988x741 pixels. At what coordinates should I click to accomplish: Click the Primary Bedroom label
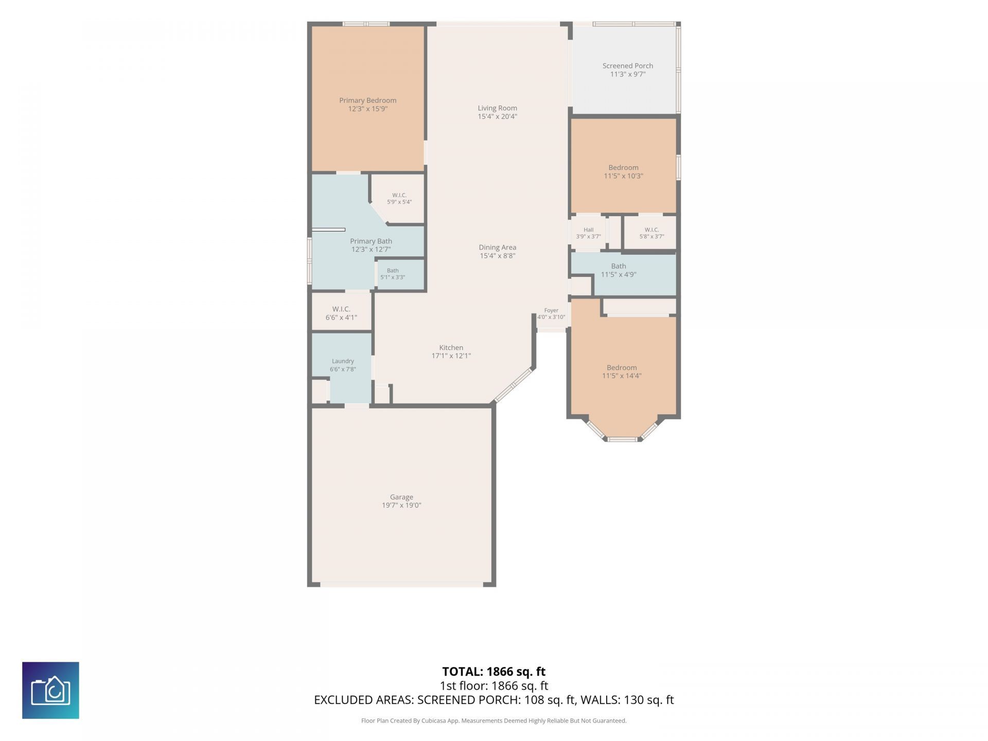coord(367,100)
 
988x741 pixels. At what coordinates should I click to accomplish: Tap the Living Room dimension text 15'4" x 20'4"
coord(497,116)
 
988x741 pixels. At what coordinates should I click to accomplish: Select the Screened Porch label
coord(628,66)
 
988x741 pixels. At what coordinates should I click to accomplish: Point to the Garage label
coord(401,497)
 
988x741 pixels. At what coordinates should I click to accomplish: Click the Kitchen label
coord(451,347)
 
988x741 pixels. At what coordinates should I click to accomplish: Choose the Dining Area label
coord(497,247)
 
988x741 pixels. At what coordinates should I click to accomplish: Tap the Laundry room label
coord(343,361)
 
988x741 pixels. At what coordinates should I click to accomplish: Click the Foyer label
coord(551,310)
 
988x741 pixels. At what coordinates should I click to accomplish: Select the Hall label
coord(588,230)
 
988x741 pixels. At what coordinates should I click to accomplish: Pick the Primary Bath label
coord(371,241)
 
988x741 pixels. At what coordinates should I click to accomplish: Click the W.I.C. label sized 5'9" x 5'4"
coord(399,195)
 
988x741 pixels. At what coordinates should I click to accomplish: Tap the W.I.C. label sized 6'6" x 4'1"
coord(341,309)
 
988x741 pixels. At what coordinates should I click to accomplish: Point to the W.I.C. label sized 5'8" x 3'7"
coord(651,230)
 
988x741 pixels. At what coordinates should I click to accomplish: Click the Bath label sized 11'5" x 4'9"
coord(619,266)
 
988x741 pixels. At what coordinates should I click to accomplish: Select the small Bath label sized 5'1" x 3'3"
coord(393,271)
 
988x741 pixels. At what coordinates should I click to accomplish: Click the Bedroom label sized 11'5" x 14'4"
coord(622,367)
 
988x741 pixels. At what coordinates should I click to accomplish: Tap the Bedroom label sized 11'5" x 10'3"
coord(623,167)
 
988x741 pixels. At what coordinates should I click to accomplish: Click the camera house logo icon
coord(50,690)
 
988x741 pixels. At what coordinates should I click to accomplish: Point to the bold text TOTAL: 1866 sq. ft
coord(494,672)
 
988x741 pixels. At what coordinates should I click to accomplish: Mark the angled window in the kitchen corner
coord(513,385)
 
